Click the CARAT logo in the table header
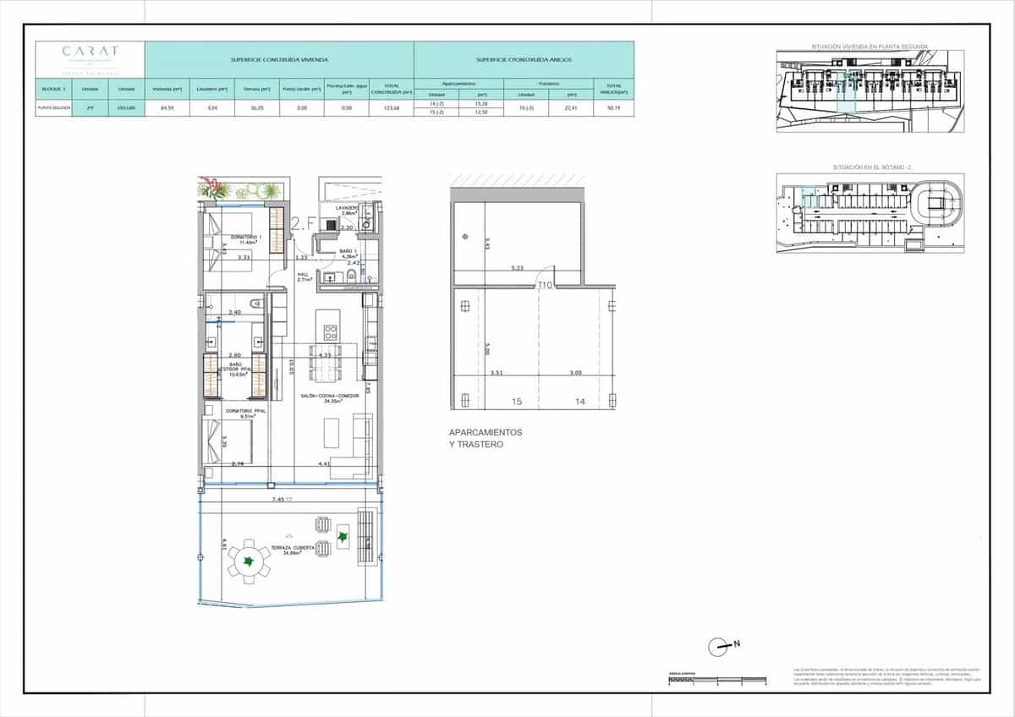(x=90, y=52)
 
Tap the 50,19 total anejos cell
(x=613, y=108)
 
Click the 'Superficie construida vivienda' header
(x=279, y=60)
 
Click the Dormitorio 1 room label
(x=245, y=238)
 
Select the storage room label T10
(x=545, y=286)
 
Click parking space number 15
(x=516, y=402)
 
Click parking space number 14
(x=579, y=402)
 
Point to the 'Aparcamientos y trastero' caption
(x=486, y=438)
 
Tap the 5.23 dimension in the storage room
(x=518, y=268)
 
